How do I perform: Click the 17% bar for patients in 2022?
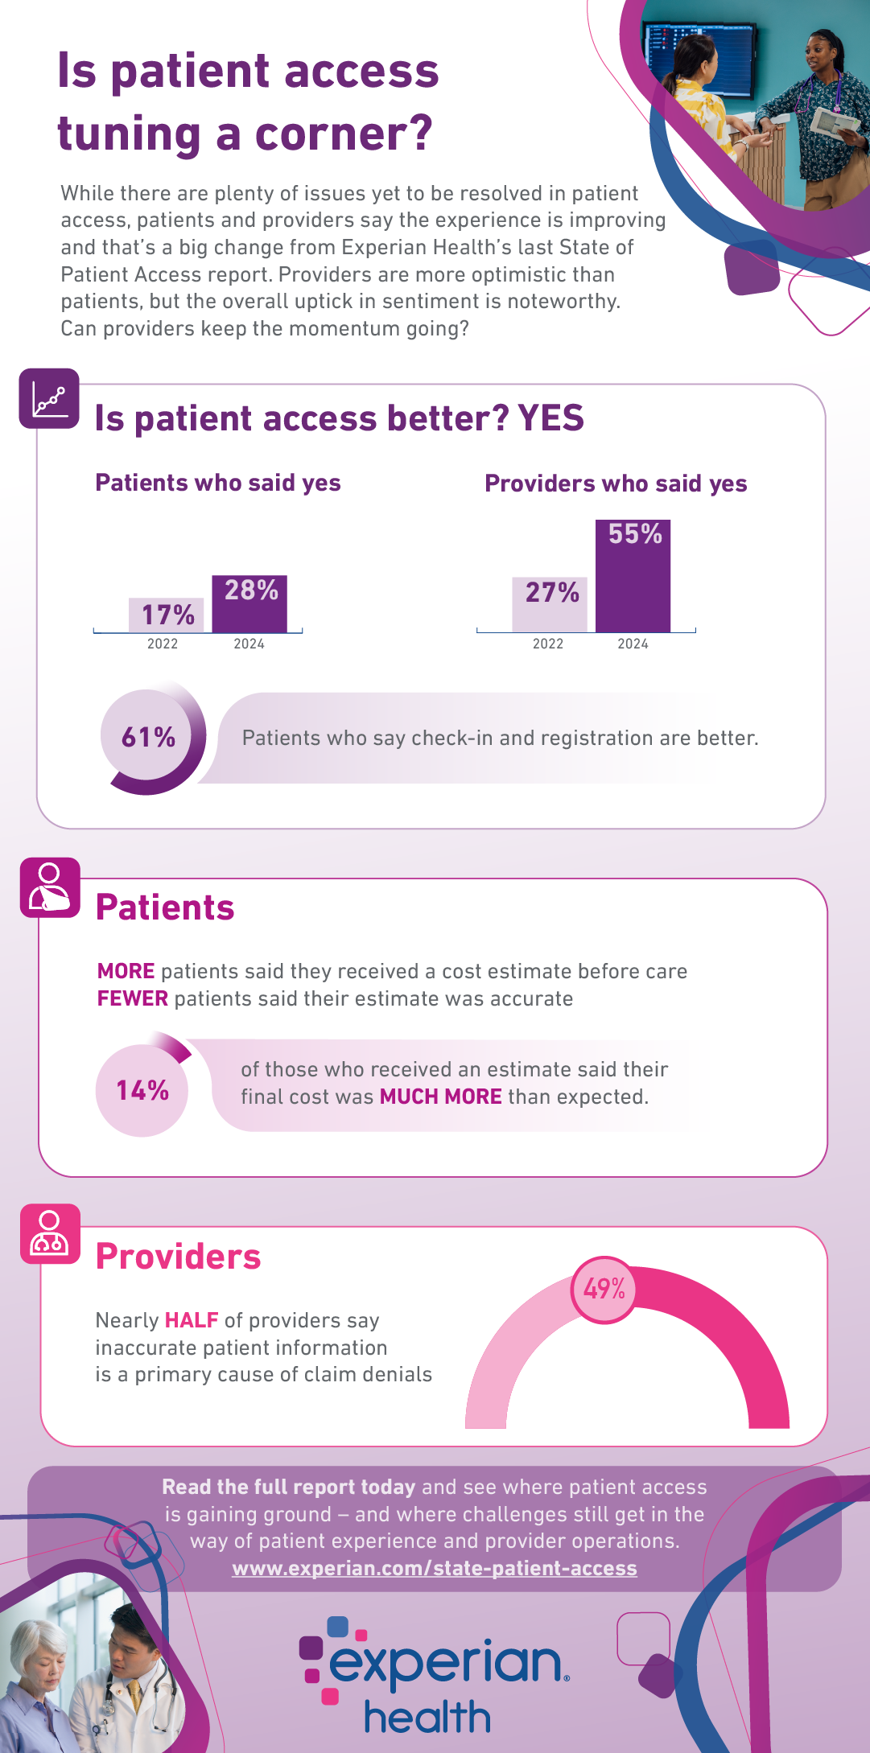(x=167, y=615)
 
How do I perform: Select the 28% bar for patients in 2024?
(x=249, y=603)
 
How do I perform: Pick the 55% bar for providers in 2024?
(x=633, y=576)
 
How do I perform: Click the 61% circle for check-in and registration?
(x=149, y=737)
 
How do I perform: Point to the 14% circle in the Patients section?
(x=142, y=1091)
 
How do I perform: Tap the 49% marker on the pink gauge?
(x=604, y=1289)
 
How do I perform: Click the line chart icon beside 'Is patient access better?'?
(x=49, y=398)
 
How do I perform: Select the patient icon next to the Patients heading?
(x=50, y=887)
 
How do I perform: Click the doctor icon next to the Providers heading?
(x=50, y=1233)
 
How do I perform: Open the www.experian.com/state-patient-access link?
(x=435, y=1568)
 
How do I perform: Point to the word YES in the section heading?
(x=551, y=418)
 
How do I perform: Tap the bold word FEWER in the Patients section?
(x=133, y=998)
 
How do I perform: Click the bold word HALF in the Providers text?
(x=192, y=1320)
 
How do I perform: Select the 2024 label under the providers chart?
(x=633, y=644)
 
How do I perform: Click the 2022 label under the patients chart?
(x=163, y=644)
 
